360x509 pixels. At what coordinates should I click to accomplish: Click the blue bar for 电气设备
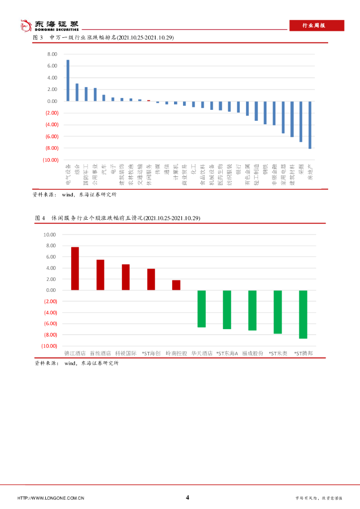pyautogui.click(x=68, y=81)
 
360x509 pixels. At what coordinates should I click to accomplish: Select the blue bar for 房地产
pyautogui.click(x=310, y=125)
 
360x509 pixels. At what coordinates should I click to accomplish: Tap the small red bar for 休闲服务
pyautogui.click(x=149, y=100)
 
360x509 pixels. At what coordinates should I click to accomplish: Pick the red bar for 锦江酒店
pyautogui.click(x=75, y=268)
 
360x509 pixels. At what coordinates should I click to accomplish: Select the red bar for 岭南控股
pyautogui.click(x=176, y=285)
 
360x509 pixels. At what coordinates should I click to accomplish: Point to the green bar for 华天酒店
pyautogui.click(x=201, y=309)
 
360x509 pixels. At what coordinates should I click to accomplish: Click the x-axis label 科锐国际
pyautogui.click(x=125, y=353)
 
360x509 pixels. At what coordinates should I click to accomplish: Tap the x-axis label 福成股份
pyautogui.click(x=252, y=353)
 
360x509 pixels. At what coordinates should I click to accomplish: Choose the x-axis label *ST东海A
pyautogui.click(x=227, y=353)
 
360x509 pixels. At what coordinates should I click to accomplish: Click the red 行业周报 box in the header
pyautogui.click(x=316, y=25)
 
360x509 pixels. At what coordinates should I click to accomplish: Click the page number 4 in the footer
pyautogui.click(x=187, y=498)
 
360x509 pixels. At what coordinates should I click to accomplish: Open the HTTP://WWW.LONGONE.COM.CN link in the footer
pyautogui.click(x=51, y=498)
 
